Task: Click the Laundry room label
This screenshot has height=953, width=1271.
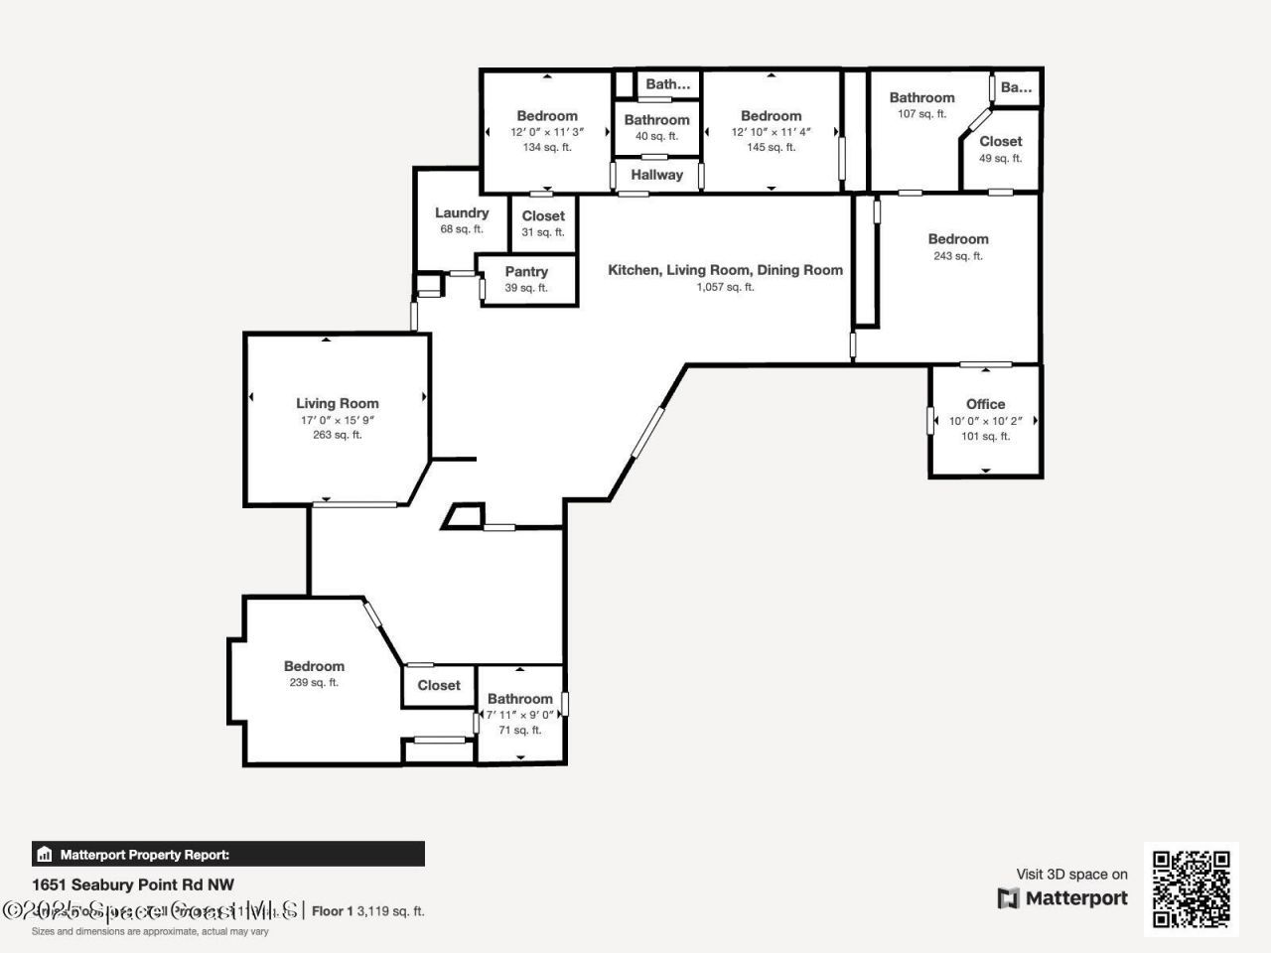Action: tap(462, 212)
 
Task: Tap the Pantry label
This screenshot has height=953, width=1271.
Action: tap(526, 271)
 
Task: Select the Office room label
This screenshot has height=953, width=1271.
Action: tap(985, 404)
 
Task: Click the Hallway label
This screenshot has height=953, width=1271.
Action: tap(656, 175)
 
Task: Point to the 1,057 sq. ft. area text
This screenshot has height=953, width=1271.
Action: tap(725, 287)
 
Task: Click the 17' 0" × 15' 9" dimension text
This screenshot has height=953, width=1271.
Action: tap(338, 420)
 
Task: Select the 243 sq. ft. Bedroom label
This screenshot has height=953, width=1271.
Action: tap(958, 238)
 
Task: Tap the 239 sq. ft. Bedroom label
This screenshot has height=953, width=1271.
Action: tap(314, 666)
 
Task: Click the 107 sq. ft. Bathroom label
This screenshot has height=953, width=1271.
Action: tap(921, 97)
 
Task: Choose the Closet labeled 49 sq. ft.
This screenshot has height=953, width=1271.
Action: tap(1000, 141)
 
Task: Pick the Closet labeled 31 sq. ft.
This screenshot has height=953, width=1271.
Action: tap(543, 215)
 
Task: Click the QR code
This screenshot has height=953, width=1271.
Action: tap(1191, 888)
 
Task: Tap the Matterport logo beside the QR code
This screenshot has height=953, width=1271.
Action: tap(1063, 898)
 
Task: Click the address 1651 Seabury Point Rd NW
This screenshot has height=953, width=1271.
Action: tap(133, 885)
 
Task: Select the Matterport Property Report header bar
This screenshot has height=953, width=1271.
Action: tap(228, 854)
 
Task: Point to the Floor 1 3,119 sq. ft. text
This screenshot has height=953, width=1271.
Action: tap(368, 910)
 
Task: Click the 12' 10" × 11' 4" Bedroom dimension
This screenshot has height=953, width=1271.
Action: tap(772, 132)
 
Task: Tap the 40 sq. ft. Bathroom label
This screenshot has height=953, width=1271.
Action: tap(656, 120)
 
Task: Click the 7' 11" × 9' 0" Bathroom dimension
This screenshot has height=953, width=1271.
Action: tap(519, 714)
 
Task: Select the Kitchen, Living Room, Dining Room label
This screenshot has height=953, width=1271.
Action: tap(725, 269)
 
